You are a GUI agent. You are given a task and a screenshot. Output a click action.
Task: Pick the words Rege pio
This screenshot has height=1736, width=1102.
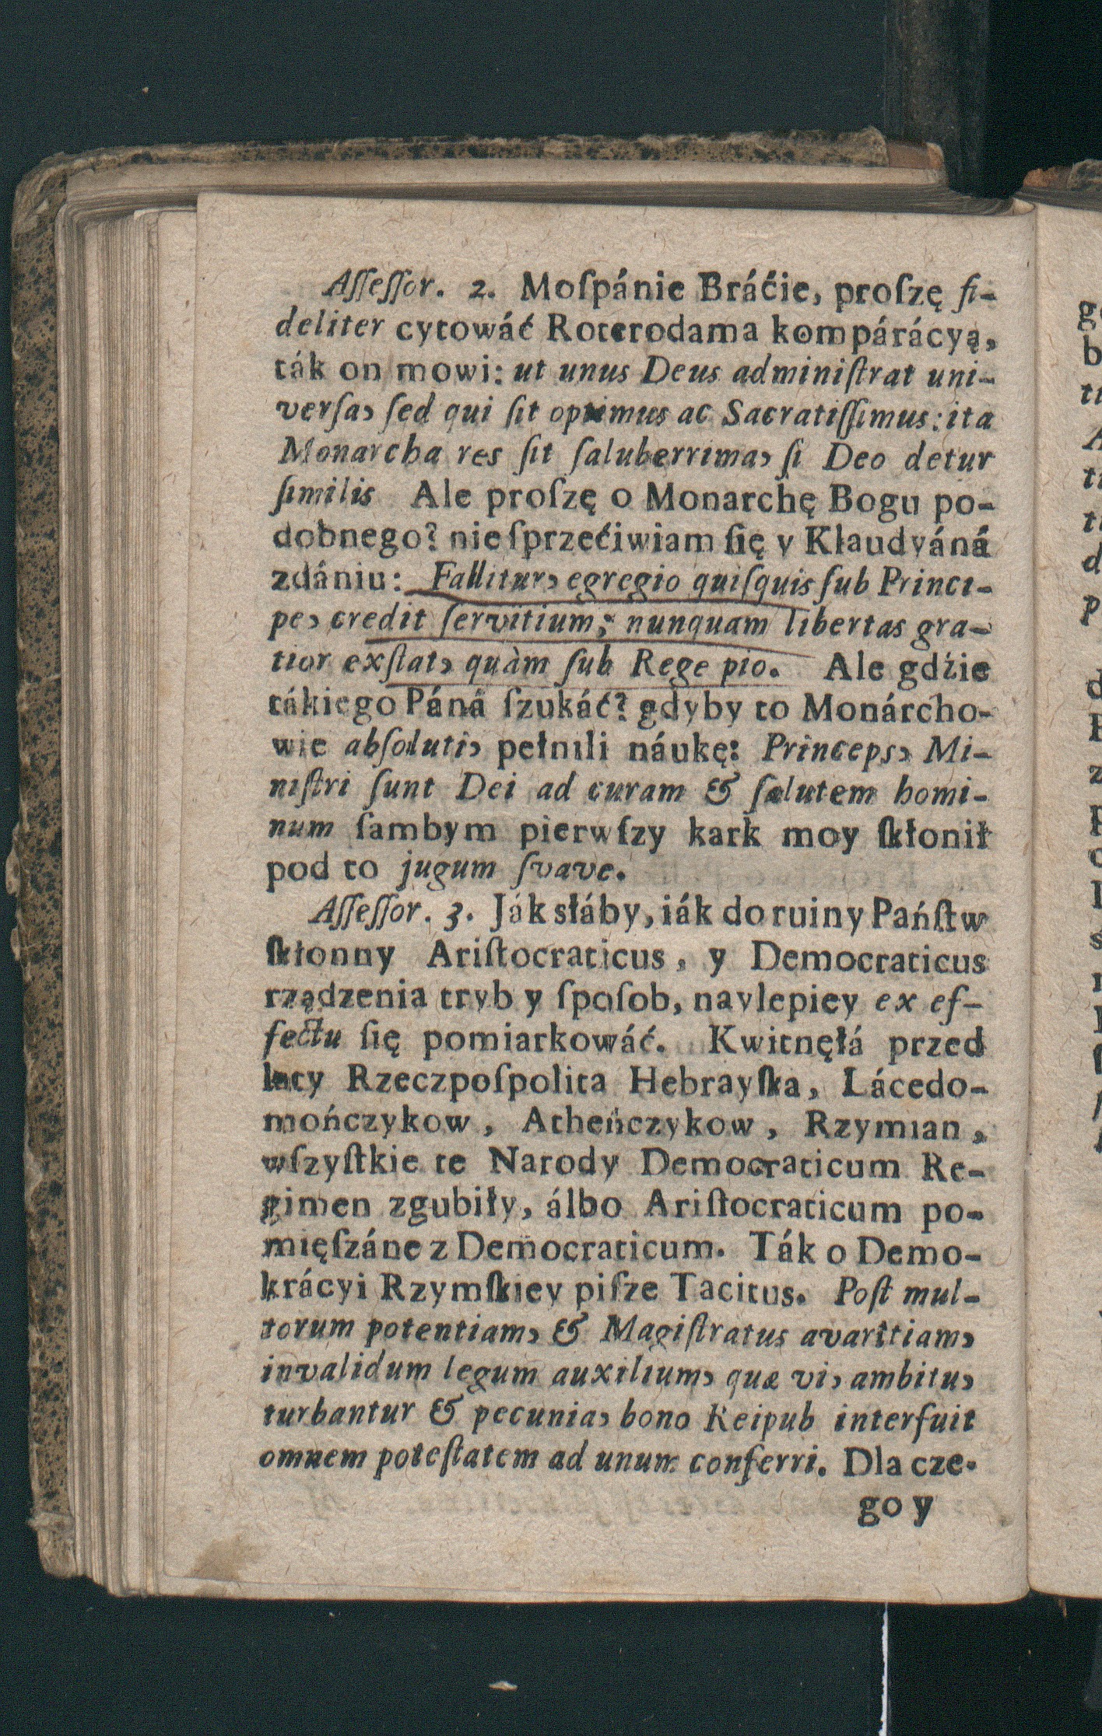click(x=709, y=667)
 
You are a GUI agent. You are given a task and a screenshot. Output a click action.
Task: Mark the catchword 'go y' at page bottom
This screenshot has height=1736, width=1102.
click(x=900, y=1507)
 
